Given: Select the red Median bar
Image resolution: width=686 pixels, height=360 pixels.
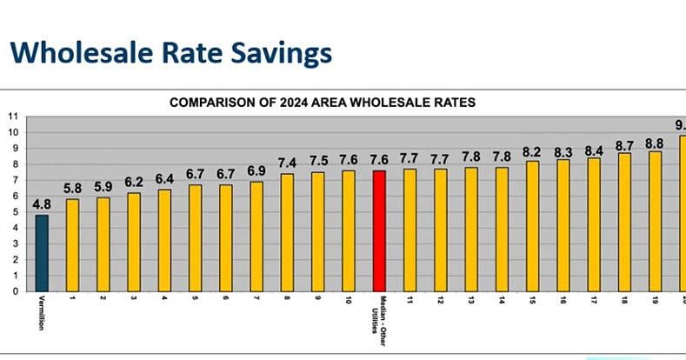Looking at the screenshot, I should tap(378, 230).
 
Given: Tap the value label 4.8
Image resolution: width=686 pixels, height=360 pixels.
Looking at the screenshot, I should tap(42, 205).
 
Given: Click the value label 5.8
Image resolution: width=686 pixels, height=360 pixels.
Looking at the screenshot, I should tap(73, 189).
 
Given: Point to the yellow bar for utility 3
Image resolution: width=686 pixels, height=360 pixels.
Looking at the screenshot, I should tap(134, 242).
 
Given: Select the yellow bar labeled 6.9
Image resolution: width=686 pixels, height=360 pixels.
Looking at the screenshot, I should tap(256, 236).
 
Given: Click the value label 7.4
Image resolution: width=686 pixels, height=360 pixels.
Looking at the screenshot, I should tap(287, 163).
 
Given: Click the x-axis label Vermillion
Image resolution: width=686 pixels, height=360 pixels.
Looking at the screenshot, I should tap(42, 319).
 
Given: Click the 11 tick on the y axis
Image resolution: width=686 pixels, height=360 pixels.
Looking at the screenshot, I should tap(12, 116).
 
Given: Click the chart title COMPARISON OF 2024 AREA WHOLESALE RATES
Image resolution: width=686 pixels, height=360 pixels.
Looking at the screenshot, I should tap(323, 102).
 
